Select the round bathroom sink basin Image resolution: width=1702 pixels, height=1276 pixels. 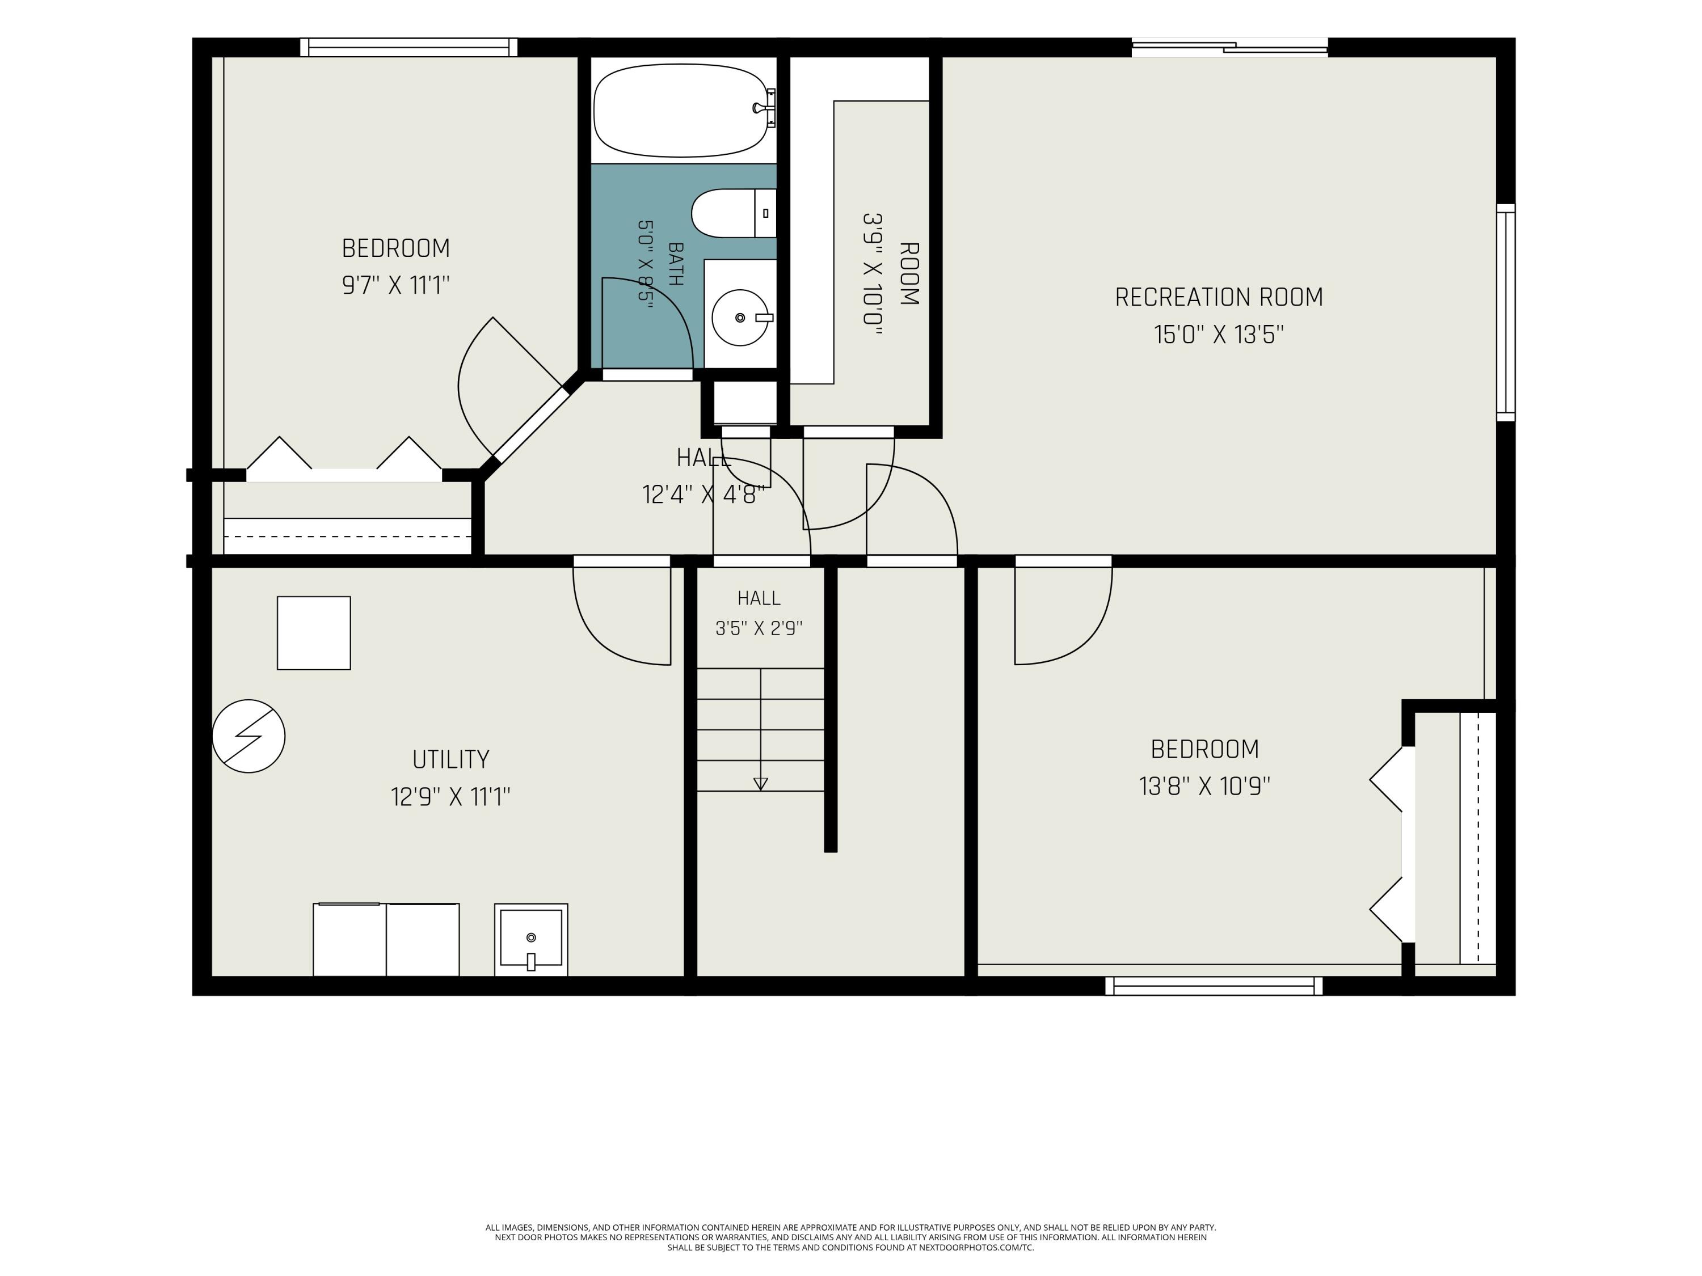(x=740, y=318)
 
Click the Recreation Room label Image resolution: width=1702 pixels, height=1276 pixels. (x=1219, y=298)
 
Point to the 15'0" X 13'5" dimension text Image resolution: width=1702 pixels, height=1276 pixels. (x=1219, y=335)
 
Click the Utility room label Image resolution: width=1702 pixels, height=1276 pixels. (x=451, y=760)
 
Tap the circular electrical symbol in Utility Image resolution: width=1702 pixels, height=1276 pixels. (x=248, y=736)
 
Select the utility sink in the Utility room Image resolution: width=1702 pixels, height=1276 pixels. (x=531, y=940)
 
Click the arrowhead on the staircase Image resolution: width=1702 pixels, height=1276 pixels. (x=760, y=784)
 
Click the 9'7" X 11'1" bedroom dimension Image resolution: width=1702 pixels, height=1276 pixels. (x=395, y=285)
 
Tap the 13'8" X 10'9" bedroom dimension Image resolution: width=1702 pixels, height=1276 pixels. (x=1204, y=787)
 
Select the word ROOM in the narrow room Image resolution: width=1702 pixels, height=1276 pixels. (x=909, y=274)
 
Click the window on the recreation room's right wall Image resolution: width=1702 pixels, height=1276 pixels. (x=1506, y=312)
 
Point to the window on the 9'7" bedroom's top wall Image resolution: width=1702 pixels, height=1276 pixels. (x=408, y=48)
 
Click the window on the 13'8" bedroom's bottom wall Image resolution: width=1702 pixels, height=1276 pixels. (x=1214, y=986)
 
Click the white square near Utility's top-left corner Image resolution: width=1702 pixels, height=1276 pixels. (x=314, y=633)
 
